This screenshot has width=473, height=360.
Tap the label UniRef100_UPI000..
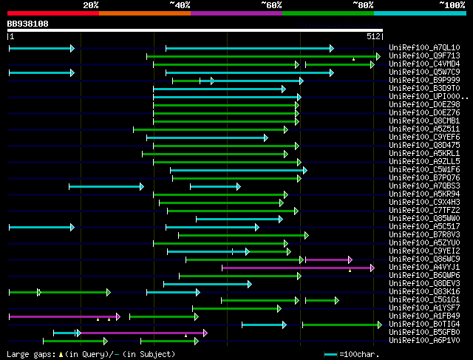click(x=423, y=97)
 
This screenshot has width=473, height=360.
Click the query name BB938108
click(x=28, y=24)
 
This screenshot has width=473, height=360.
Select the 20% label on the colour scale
click(x=91, y=5)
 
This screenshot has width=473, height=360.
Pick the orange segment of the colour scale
click(x=144, y=13)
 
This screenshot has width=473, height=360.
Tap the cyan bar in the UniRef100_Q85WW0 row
click(x=239, y=219)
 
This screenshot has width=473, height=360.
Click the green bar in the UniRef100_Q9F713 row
click(x=262, y=56)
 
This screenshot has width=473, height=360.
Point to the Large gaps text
click(x=30, y=355)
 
